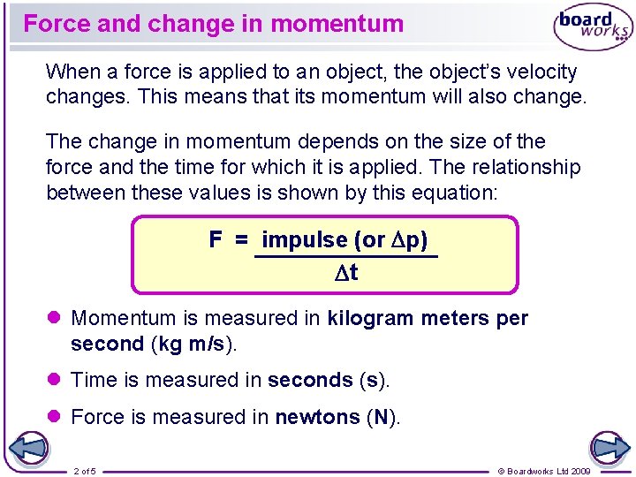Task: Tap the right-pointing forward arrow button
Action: pos(609,448)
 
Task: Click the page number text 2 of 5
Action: pos(86,471)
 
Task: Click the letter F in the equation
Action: pos(216,239)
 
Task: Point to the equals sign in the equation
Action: pos(241,239)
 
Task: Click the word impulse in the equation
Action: pos(305,239)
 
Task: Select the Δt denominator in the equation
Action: pos(345,273)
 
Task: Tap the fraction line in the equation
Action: pos(345,256)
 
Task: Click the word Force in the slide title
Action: pos(57,24)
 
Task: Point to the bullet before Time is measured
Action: pos(53,380)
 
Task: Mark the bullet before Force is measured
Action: pos(53,416)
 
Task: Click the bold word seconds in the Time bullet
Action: pos(310,380)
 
